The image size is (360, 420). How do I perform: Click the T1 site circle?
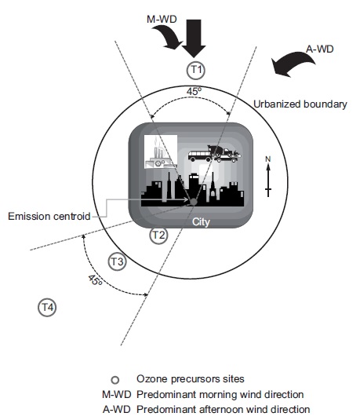[195, 70]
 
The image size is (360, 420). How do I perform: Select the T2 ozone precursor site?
[158, 236]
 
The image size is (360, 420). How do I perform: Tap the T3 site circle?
[117, 261]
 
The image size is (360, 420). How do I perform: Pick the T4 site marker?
[47, 307]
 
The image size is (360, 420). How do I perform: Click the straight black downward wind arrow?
[194, 38]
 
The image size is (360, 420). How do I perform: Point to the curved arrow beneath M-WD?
[169, 38]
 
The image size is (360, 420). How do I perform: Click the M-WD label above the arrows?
[162, 20]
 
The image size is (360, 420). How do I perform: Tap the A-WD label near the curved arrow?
[320, 49]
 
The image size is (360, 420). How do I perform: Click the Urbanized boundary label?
[300, 104]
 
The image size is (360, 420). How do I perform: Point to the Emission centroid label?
[49, 216]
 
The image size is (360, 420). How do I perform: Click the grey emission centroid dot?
[193, 202]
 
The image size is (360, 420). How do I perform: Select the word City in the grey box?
[201, 222]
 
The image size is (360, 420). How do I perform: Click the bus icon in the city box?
[199, 156]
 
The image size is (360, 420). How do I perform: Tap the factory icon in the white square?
[161, 152]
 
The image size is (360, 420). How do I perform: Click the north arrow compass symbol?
[268, 177]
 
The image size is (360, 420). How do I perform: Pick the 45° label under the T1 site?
[194, 91]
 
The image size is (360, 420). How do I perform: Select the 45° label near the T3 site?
[95, 280]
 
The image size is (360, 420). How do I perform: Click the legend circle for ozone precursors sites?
[115, 380]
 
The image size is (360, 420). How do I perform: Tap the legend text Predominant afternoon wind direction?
[224, 409]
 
